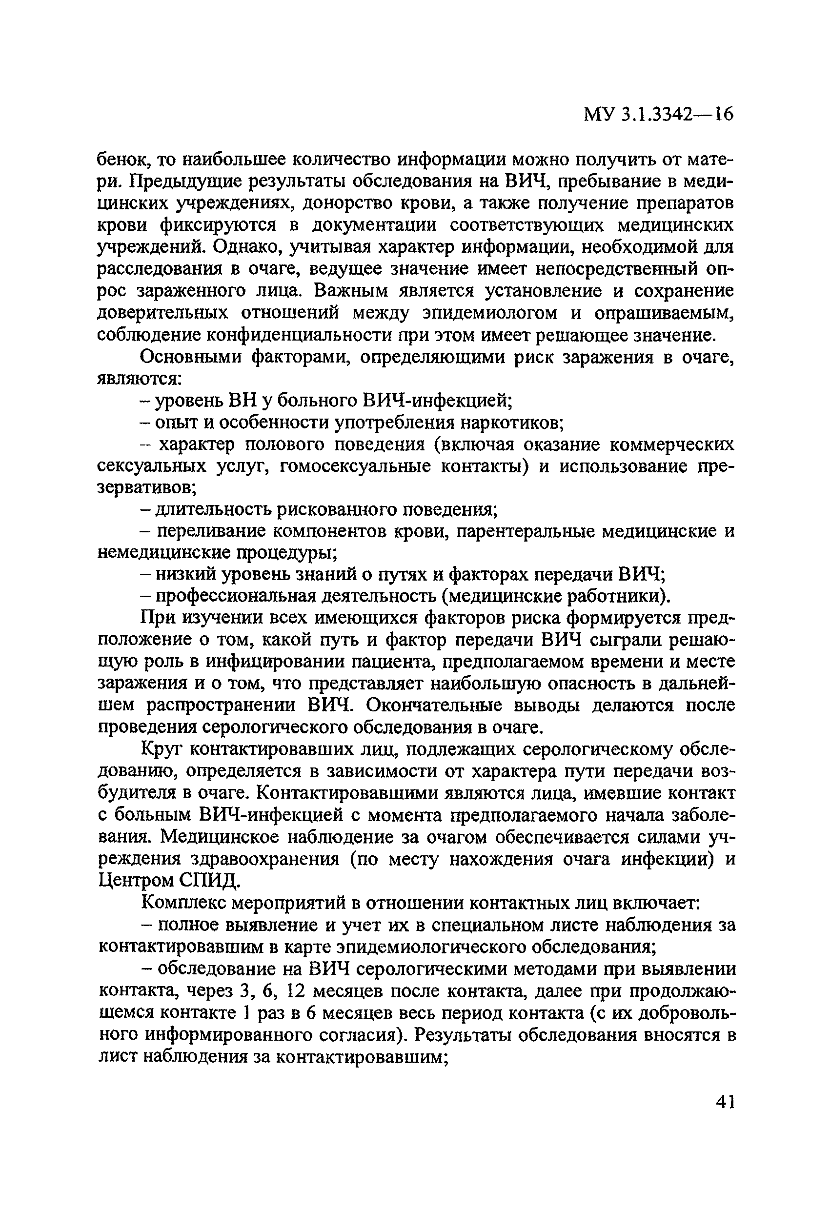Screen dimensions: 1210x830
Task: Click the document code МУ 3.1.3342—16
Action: point(658,114)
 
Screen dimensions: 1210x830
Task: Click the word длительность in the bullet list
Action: point(215,509)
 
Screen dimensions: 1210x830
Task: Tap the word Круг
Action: point(161,749)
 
